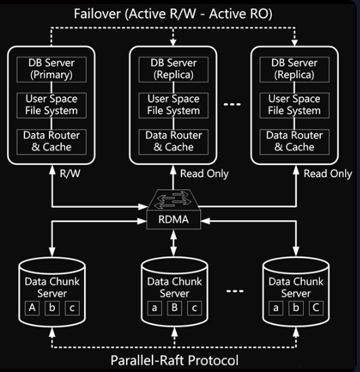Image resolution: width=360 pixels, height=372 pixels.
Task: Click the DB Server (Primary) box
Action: click(x=52, y=69)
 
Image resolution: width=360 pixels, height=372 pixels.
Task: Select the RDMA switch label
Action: click(x=174, y=219)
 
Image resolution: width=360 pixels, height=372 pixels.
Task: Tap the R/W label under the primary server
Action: click(x=70, y=173)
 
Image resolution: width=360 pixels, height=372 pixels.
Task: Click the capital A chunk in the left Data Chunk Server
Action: click(x=33, y=308)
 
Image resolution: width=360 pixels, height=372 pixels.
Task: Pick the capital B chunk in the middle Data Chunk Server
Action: click(x=174, y=308)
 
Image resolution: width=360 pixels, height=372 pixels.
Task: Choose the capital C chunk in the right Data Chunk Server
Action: click(x=316, y=308)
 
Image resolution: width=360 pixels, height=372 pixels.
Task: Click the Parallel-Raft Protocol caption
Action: click(x=174, y=360)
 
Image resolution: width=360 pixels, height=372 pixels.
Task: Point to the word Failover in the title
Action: click(x=97, y=14)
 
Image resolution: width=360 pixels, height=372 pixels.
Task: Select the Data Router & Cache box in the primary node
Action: click(x=52, y=142)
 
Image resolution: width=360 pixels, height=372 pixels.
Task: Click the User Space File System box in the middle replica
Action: click(x=174, y=105)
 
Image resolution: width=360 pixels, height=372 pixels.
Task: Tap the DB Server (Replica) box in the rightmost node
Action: click(x=294, y=69)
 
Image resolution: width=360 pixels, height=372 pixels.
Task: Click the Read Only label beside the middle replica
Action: click(x=204, y=174)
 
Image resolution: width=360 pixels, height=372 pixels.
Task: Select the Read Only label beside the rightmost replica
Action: click(x=327, y=174)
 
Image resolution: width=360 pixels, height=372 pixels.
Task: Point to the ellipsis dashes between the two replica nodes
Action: click(x=233, y=104)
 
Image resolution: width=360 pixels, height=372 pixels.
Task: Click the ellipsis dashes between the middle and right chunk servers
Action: click(x=235, y=291)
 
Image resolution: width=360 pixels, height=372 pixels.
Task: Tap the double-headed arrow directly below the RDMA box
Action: click(x=174, y=243)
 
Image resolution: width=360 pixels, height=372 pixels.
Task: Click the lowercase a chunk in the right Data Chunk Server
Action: click(x=276, y=308)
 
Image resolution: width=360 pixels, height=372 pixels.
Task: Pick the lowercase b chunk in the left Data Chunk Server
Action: click(x=52, y=308)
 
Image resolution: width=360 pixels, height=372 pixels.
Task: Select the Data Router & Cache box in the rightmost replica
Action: click(x=294, y=142)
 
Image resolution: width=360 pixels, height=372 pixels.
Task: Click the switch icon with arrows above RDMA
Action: click(x=174, y=200)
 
